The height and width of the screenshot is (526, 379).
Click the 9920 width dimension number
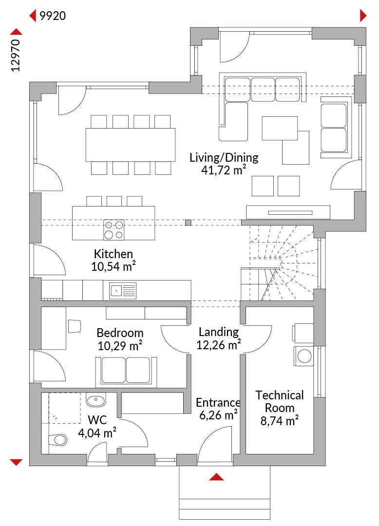(53, 16)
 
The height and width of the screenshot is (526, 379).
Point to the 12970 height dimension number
(16, 56)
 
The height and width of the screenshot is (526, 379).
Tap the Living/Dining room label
(224, 157)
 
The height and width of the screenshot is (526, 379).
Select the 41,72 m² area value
(224, 170)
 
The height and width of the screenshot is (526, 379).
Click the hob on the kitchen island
(114, 230)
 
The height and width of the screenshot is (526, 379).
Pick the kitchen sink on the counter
(122, 290)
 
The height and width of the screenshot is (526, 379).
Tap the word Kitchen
(114, 254)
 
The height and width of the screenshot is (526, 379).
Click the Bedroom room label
(120, 333)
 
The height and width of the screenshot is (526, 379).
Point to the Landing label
(219, 332)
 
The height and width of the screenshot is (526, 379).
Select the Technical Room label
(280, 401)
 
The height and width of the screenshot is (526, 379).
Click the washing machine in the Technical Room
(304, 356)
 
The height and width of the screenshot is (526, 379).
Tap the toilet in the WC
(57, 439)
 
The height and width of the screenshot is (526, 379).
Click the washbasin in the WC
(96, 400)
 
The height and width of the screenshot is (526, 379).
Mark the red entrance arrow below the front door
(216, 477)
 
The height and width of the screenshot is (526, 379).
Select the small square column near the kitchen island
(189, 223)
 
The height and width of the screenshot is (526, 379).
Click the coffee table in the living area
(280, 128)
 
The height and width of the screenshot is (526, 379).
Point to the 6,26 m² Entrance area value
(219, 415)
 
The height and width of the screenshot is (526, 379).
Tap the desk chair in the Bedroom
(75, 326)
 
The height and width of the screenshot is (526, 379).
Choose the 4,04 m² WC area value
(97, 433)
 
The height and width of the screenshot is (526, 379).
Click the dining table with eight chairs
(131, 145)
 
